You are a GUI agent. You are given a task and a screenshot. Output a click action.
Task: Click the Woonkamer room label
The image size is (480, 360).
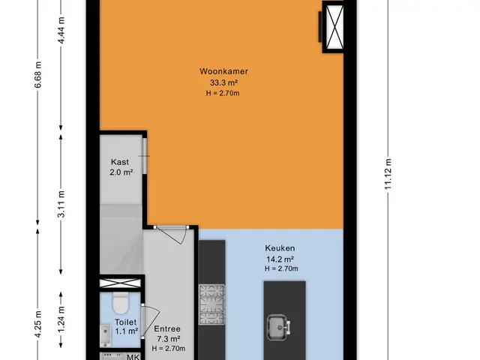(x=223, y=71)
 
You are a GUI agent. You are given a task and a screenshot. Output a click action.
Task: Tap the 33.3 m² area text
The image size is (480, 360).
(x=223, y=82)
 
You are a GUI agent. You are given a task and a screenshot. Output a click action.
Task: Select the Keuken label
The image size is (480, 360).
(x=280, y=248)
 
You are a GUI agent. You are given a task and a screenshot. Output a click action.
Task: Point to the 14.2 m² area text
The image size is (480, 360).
(x=280, y=259)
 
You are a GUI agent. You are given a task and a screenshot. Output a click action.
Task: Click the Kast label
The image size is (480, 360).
(x=120, y=162)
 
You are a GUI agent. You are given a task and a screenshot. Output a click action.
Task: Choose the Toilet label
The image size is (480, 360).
(x=126, y=322)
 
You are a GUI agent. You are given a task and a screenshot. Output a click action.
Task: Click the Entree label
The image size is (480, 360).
(x=167, y=328)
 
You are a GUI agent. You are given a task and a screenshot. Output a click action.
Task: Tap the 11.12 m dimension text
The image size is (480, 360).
(x=388, y=174)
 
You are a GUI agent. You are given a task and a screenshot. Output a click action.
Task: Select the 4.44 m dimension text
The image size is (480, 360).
(x=61, y=30)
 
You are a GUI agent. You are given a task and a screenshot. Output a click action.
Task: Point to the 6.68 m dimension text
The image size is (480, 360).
(x=38, y=75)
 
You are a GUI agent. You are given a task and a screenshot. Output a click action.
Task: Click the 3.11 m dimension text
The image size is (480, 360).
(x=61, y=204)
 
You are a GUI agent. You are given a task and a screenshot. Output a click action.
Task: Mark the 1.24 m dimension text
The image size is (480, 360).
(x=61, y=319)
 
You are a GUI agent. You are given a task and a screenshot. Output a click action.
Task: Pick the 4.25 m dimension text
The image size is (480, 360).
(x=38, y=324)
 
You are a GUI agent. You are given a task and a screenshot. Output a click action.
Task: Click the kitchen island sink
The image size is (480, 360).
(x=278, y=328)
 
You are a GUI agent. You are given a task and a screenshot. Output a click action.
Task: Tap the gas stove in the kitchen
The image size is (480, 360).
(x=211, y=304)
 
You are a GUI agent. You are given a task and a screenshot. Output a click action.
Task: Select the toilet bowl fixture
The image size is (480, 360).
(x=120, y=303)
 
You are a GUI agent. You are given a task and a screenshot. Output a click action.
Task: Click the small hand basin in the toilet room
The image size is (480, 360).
(x=106, y=336)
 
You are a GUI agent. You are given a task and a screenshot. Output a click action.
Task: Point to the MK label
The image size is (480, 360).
(x=133, y=357)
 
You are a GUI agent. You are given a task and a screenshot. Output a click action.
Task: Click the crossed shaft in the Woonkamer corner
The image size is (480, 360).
(x=334, y=27)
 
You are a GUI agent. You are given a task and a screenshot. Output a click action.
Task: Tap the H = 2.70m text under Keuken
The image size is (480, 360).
(x=281, y=268)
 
